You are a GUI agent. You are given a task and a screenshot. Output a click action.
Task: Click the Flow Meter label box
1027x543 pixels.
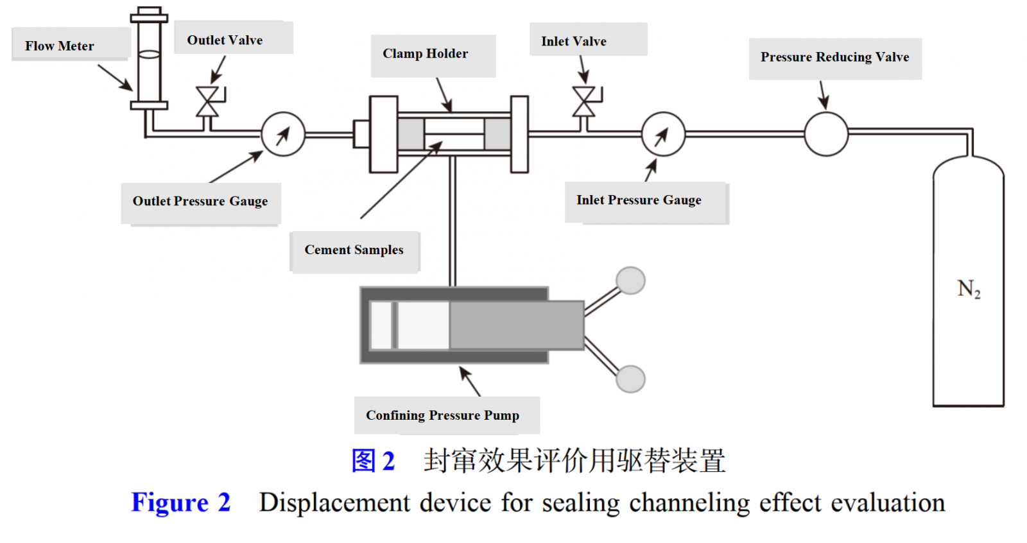60,46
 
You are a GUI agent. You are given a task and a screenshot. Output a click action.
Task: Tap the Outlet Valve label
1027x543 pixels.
225,40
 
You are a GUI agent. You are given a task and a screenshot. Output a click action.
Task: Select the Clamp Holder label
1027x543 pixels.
425,54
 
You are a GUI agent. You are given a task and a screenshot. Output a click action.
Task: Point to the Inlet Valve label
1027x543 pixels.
573,41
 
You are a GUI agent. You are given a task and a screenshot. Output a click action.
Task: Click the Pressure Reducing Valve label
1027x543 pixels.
834,57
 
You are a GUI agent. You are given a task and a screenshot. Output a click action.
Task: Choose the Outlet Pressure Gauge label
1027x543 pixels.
200,202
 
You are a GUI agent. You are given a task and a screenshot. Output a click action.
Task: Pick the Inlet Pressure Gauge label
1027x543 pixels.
639,200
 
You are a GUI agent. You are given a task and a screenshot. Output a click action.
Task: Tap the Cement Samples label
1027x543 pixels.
354,250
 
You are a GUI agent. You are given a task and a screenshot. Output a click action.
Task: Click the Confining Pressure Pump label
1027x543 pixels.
442,415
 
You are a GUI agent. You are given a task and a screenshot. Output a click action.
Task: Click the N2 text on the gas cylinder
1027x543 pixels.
969,289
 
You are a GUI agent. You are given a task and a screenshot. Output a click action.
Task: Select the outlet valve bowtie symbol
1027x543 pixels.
207,102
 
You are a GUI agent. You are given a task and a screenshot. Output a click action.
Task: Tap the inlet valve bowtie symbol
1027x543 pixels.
583,102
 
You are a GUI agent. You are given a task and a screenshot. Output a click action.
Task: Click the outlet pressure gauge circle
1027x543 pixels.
283,134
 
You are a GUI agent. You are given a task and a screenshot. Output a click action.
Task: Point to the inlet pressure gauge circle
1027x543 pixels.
663,134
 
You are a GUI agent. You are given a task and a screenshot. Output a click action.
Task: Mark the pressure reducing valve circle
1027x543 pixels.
826,134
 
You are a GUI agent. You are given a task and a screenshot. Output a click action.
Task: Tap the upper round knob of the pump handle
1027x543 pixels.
630,280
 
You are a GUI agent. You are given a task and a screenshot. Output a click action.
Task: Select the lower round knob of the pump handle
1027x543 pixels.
630,379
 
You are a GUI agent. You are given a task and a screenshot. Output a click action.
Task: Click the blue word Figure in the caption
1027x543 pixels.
170,503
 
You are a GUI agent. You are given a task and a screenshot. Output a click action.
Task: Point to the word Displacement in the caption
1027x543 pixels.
334,503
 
